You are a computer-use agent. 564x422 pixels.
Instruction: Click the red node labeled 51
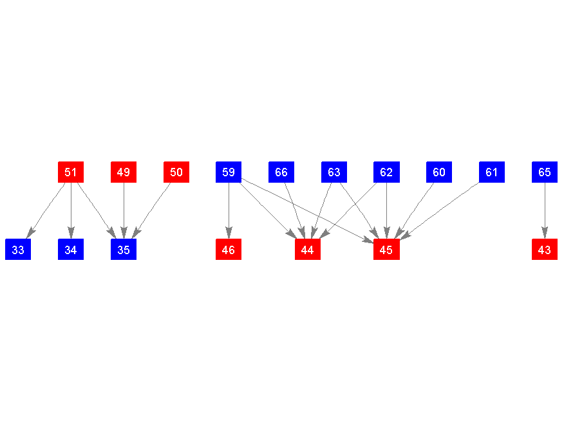pyautogui.click(x=71, y=172)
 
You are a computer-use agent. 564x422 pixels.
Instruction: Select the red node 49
pyautogui.click(x=124, y=172)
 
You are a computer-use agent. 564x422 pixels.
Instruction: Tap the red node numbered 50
pyautogui.click(x=176, y=172)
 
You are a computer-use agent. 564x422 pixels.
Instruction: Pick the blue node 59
pyautogui.click(x=229, y=172)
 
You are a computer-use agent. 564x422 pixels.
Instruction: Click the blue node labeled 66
pyautogui.click(x=281, y=172)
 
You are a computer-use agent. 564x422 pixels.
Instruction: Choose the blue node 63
pyautogui.click(x=334, y=172)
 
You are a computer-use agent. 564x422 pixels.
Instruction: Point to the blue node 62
pyautogui.click(x=386, y=172)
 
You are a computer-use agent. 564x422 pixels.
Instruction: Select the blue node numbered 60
pyautogui.click(x=439, y=172)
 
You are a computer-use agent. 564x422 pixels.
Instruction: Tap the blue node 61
pyautogui.click(x=492, y=172)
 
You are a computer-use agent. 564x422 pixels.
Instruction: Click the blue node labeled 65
pyautogui.click(x=545, y=172)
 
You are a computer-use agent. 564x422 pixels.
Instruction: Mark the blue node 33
pyautogui.click(x=18, y=250)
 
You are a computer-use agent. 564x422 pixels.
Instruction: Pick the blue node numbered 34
pyautogui.click(x=71, y=250)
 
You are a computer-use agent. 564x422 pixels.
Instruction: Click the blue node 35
pyautogui.click(x=124, y=250)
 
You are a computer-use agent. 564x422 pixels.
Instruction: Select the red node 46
pyautogui.click(x=229, y=250)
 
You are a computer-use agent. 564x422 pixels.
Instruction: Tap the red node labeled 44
pyautogui.click(x=308, y=250)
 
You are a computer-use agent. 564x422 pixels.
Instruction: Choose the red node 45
pyautogui.click(x=386, y=250)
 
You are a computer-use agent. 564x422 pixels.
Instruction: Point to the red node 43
pyautogui.click(x=545, y=250)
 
